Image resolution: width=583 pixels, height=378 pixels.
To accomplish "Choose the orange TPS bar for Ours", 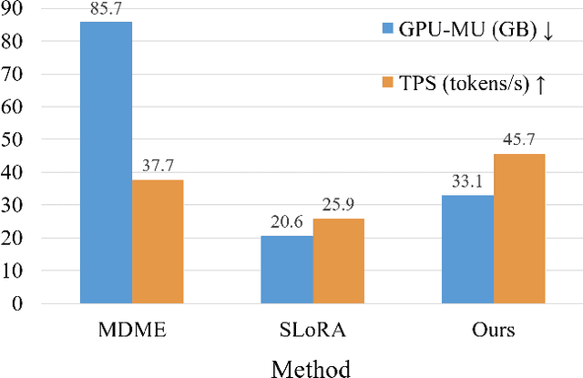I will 519,229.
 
